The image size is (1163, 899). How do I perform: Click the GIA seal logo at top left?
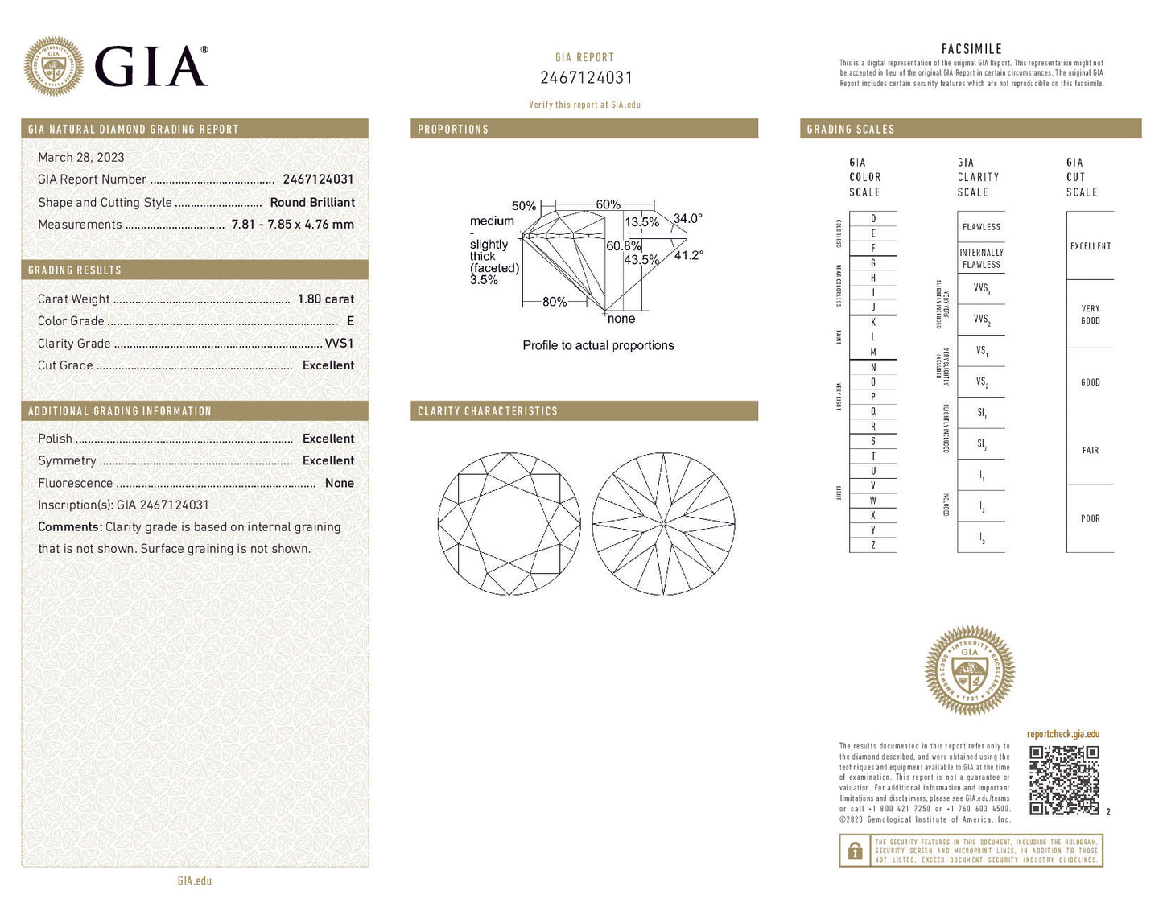pos(54,66)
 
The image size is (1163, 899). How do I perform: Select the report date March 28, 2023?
pos(81,158)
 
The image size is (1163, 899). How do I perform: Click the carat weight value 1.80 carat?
pos(325,299)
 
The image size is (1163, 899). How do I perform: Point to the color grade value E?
pos(350,321)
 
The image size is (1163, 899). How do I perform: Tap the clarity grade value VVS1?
pos(339,344)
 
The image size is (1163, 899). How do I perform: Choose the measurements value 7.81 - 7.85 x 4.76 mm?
pos(292,225)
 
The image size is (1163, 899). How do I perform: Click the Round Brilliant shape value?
pos(312,203)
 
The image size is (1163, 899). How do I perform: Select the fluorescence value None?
pos(339,484)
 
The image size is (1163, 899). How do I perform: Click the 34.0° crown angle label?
pos(687,219)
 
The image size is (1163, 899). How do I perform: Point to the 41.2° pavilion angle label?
pos(688,255)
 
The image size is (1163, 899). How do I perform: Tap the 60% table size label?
pos(608,205)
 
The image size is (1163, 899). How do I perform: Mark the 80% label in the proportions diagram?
pos(554,303)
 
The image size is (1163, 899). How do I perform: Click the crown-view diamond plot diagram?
pos(509,524)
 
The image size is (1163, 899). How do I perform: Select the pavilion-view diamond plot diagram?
pos(663,524)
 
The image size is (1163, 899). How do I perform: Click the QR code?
pos(1063,780)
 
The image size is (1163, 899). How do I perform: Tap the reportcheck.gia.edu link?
pos(1062,734)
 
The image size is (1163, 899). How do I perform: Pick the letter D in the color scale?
pos(873,219)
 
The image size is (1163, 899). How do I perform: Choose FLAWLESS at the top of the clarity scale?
pos(981,227)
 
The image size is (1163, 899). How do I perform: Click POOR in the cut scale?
pos(1090,519)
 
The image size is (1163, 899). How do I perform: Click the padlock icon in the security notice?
pos(854,851)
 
